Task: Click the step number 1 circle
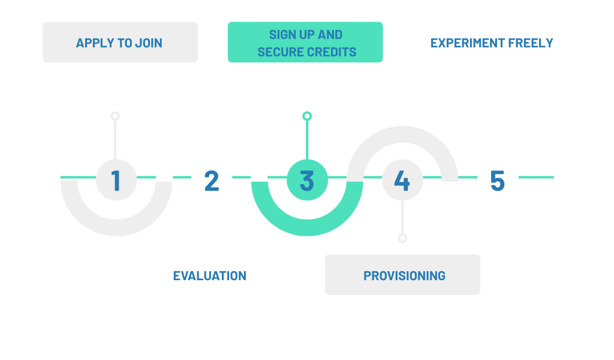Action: (116, 179)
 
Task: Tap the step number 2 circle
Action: (211, 179)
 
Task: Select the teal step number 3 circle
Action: (306, 179)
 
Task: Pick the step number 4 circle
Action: (402, 179)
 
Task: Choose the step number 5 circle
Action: (497, 179)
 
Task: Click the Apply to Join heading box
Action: (120, 43)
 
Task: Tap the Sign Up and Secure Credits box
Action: (305, 43)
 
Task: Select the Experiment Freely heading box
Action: (492, 43)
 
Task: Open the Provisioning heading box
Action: (402, 275)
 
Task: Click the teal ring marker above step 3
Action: (306, 116)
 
